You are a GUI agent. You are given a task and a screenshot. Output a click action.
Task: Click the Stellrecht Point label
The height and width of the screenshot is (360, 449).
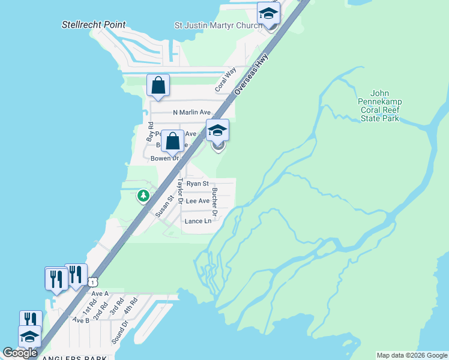coord(94,25)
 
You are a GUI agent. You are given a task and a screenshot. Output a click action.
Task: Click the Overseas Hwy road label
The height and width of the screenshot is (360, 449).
coord(252,74)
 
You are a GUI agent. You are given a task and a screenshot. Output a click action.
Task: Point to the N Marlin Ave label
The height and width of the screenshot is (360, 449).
coord(191,112)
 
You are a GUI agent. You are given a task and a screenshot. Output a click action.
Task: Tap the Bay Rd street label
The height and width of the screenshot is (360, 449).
coord(150,133)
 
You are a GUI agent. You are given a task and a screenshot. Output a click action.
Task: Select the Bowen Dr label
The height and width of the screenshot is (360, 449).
coord(164,158)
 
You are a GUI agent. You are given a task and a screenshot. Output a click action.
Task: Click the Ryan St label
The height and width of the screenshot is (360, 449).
coord(197,184)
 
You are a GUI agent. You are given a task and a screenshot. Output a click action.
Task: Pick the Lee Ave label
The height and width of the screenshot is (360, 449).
coord(197,201)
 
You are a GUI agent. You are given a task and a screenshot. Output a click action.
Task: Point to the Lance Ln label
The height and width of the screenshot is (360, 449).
coord(198,221)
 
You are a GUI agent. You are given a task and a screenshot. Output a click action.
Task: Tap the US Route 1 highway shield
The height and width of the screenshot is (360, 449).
coord(92,281)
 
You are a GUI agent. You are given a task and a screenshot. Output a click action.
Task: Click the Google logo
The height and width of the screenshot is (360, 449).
coord(20,353)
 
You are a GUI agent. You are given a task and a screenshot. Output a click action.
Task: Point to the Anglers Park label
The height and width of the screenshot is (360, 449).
coord(71,357)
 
